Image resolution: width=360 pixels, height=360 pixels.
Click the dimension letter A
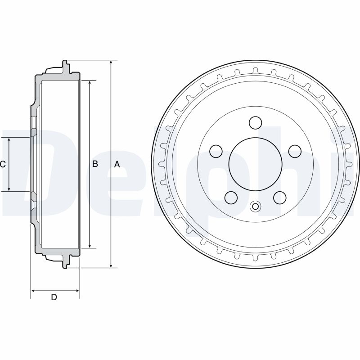point(117,164)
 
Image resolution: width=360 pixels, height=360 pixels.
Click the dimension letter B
point(95,164)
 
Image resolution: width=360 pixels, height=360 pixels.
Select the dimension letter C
point(3,164)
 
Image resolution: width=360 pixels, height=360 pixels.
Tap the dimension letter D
point(54,297)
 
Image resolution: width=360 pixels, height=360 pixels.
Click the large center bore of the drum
point(255,164)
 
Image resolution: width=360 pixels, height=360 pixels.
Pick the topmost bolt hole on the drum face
point(255,122)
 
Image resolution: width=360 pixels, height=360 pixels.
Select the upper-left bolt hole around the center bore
point(216,151)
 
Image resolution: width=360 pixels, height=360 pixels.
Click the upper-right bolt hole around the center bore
point(295,151)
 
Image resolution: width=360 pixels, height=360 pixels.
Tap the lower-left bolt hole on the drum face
point(231,198)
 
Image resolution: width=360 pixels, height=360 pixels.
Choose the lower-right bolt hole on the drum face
point(280,198)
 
